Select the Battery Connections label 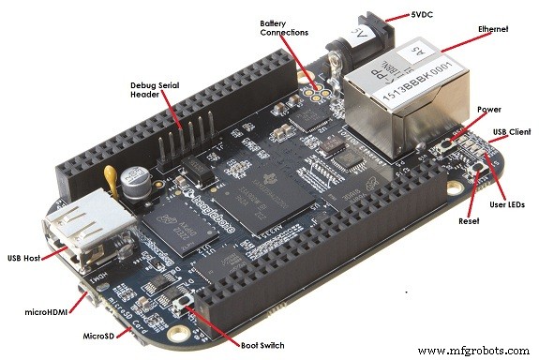click(284, 26)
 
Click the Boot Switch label click(257, 344)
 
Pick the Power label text click(489, 109)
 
